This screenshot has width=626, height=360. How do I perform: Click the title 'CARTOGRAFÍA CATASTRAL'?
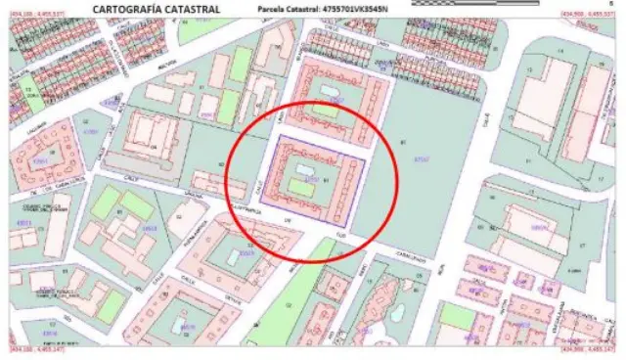pyautogui.click(x=156, y=9)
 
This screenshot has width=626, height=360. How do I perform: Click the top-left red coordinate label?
pyautogui.click(x=37, y=14)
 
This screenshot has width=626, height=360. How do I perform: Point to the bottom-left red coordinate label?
pyautogui.click(x=37, y=351)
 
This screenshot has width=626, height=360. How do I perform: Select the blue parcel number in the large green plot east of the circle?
pyautogui.click(x=422, y=159)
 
